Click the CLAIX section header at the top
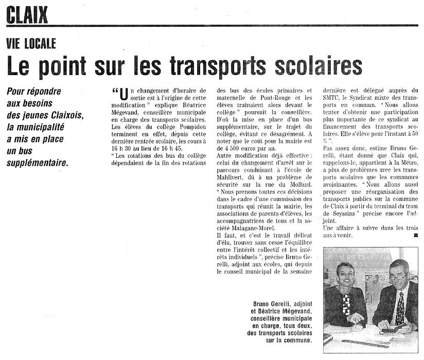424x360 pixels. click(27, 15)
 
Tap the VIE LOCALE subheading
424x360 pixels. click(31, 44)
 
